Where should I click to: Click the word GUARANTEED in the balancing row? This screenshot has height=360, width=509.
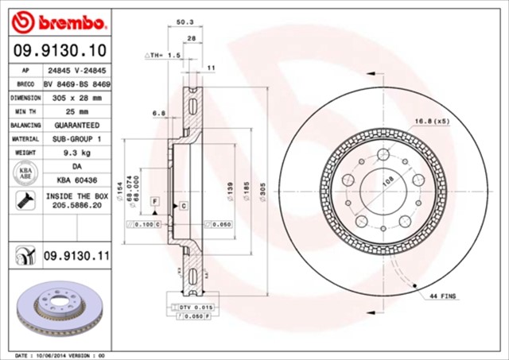tap(77, 125)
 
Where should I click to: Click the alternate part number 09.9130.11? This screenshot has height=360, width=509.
tap(76, 254)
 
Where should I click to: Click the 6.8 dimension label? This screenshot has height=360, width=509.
tap(159, 114)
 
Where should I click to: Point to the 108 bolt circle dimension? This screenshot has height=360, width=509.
tap(387, 180)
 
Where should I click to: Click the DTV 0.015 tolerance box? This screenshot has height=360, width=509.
tap(192, 307)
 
